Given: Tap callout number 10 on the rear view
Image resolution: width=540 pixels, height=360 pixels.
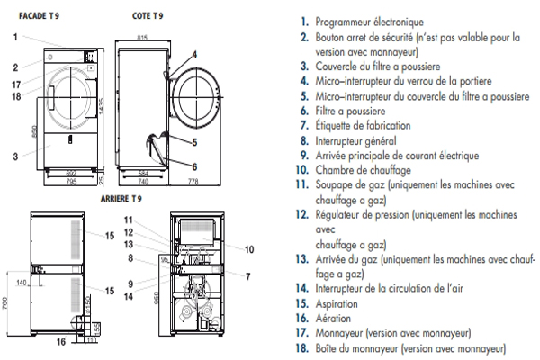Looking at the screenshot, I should [249, 248].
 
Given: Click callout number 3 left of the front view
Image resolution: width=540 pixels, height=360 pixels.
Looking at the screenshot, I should [16, 155].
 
